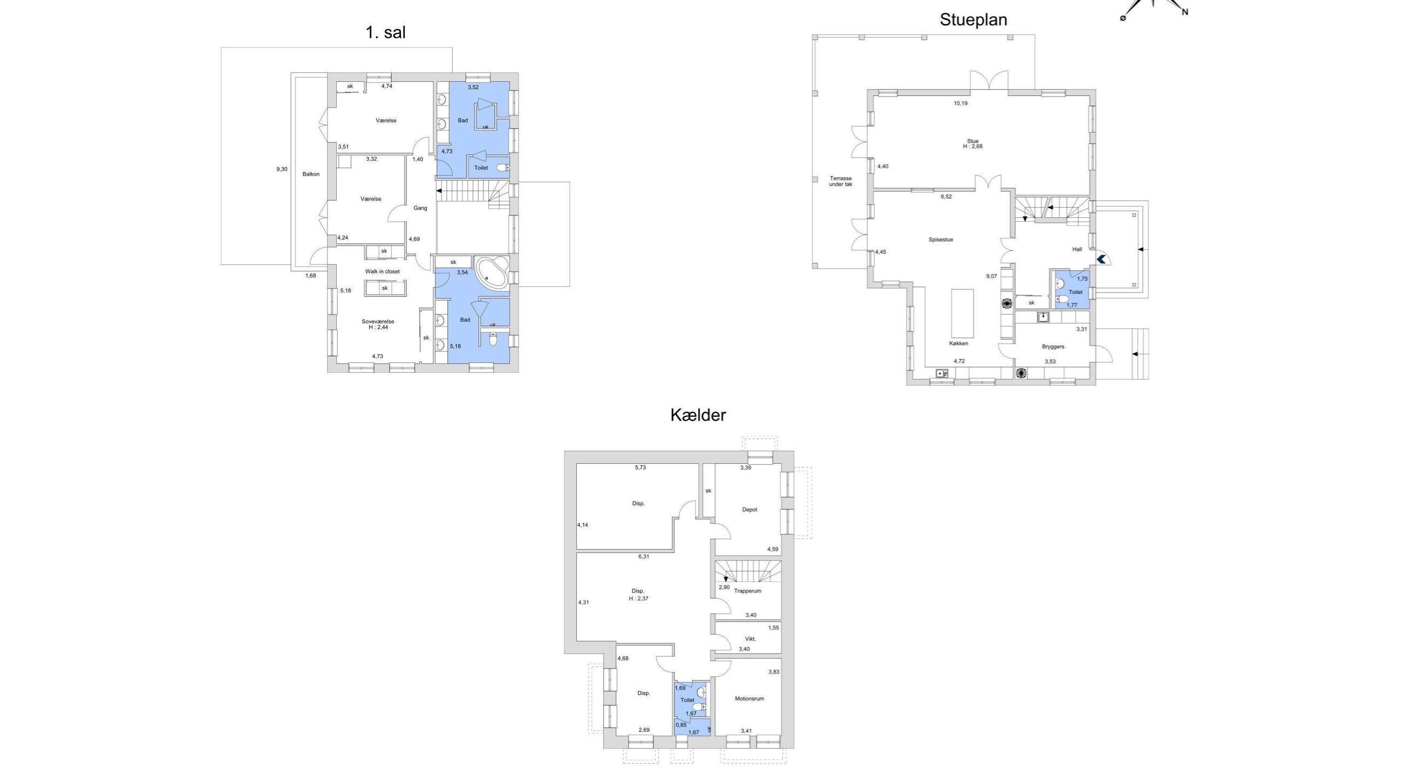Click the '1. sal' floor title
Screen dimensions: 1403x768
(x=386, y=32)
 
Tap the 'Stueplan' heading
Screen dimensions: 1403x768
(x=973, y=20)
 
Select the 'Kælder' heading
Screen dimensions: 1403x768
(x=698, y=415)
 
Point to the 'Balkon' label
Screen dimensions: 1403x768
(x=311, y=174)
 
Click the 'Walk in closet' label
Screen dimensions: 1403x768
(x=383, y=271)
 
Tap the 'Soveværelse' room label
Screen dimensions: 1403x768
(x=377, y=321)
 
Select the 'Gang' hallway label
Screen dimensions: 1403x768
(x=420, y=208)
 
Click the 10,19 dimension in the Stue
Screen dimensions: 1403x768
(x=960, y=103)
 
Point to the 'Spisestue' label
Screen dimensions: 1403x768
(x=941, y=239)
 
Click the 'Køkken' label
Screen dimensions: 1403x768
(x=958, y=344)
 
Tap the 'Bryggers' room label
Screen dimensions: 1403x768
(x=1053, y=346)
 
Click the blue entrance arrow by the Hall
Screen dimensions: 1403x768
(x=1101, y=259)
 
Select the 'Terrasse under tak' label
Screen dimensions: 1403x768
(x=840, y=181)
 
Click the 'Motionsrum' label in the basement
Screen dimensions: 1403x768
(x=749, y=698)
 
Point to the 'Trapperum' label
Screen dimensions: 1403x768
(x=747, y=591)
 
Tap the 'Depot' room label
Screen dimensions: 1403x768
(x=750, y=510)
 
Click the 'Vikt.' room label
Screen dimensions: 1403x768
(x=751, y=639)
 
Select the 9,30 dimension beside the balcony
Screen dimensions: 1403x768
(x=282, y=169)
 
